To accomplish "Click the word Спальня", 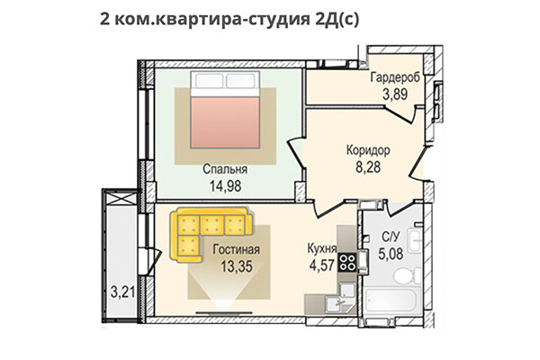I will [225, 168].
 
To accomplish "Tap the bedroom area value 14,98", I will [225, 186].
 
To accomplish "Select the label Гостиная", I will [237, 249].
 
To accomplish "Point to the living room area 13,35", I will [237, 266].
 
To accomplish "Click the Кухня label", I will [321, 249].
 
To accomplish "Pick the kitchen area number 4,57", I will [321, 266].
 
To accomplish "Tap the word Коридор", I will [368, 151].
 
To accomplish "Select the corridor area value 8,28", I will [368, 168].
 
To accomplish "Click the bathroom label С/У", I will [391, 238].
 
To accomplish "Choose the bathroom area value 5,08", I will [391, 255].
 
